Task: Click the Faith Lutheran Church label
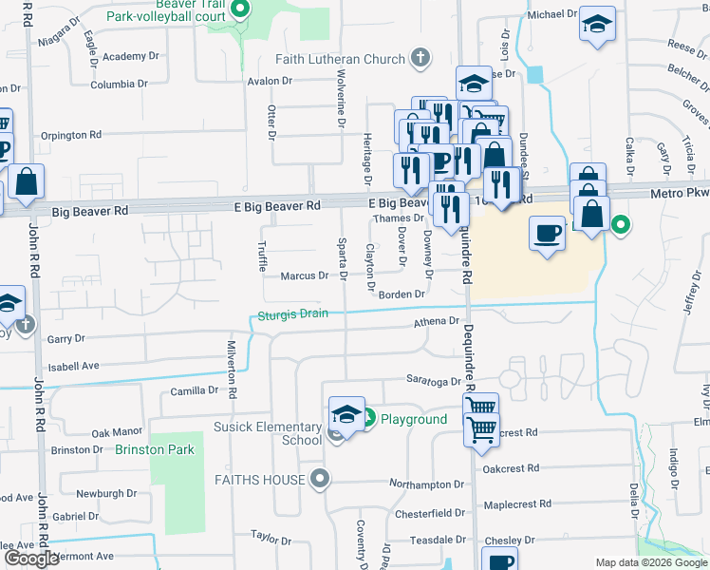coord(340,59)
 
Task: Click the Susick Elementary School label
coord(269,433)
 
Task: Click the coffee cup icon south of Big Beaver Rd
coord(548,233)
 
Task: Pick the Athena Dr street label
coord(437,322)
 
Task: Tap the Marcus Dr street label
coord(304,276)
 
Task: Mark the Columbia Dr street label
coord(119,85)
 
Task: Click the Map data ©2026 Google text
coord(650,562)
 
